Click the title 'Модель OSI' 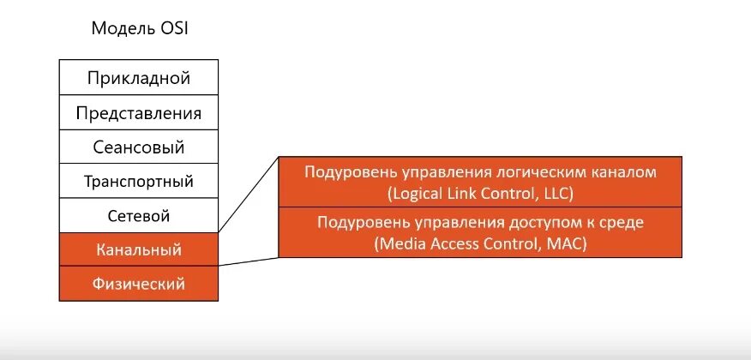(139, 28)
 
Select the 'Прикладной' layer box (138, 78)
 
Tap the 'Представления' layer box (138, 112)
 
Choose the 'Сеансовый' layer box (138, 147)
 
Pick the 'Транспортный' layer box (138, 181)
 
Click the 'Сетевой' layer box (138, 215)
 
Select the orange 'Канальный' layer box (138, 250)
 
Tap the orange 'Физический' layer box (138, 284)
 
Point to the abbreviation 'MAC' (568, 243)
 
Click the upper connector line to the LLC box (249, 195)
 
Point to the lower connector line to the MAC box (249, 261)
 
